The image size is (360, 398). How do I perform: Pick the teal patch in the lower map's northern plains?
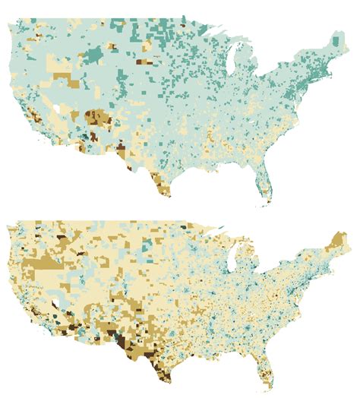tap(148, 242)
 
